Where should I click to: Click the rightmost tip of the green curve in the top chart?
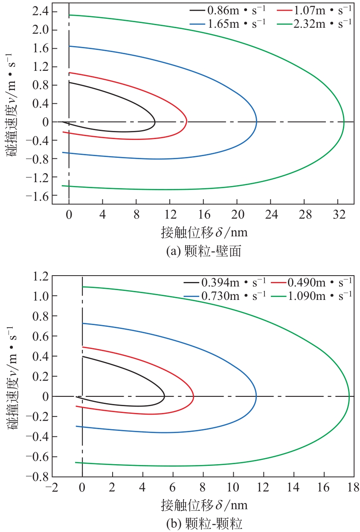tap(344, 122)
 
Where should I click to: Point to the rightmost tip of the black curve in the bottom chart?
tap(165, 396)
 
